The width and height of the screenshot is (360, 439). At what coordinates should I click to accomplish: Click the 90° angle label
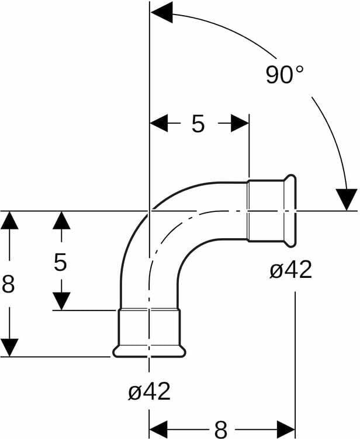tap(284, 75)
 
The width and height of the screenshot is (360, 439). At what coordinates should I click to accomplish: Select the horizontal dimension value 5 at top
tap(198, 124)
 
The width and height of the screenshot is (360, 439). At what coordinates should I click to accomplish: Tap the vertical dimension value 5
tap(60, 262)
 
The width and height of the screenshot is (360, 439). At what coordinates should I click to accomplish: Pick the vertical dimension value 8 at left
tap(8, 284)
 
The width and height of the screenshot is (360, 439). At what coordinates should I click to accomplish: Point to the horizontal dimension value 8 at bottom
tap(221, 429)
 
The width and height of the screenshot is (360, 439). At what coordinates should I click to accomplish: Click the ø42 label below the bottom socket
tap(149, 391)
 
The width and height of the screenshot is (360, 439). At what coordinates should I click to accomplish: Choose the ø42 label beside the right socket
tap(291, 269)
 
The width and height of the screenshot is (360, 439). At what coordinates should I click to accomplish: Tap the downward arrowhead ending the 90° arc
tap(347, 199)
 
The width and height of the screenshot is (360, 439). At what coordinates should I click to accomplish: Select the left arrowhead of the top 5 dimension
tap(159, 123)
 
